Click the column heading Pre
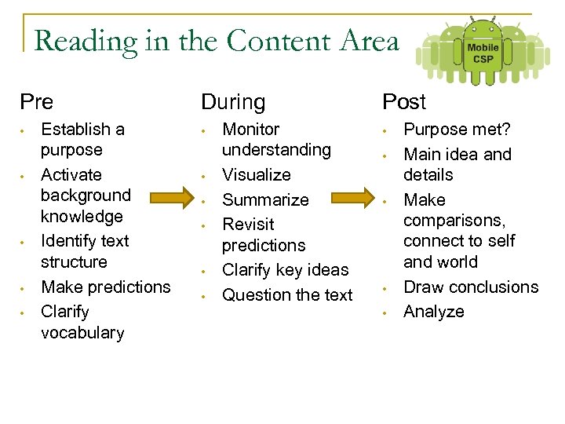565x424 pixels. (x=37, y=102)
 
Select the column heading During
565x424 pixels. (x=233, y=102)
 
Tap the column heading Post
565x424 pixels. (x=404, y=102)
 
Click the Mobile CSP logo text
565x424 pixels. (x=483, y=53)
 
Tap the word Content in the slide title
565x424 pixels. (x=274, y=41)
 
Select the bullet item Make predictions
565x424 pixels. (x=105, y=287)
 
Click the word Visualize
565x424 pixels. (x=257, y=174)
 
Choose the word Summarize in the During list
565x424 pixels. (x=266, y=199)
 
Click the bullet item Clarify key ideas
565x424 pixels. (x=286, y=270)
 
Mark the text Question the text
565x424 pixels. (x=288, y=295)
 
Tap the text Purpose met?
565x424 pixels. (x=457, y=130)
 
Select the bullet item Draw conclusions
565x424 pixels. (x=471, y=287)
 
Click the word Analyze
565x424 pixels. (x=434, y=312)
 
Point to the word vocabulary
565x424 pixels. (x=82, y=333)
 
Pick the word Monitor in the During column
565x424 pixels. (x=251, y=130)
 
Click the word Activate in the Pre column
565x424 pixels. (x=71, y=174)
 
